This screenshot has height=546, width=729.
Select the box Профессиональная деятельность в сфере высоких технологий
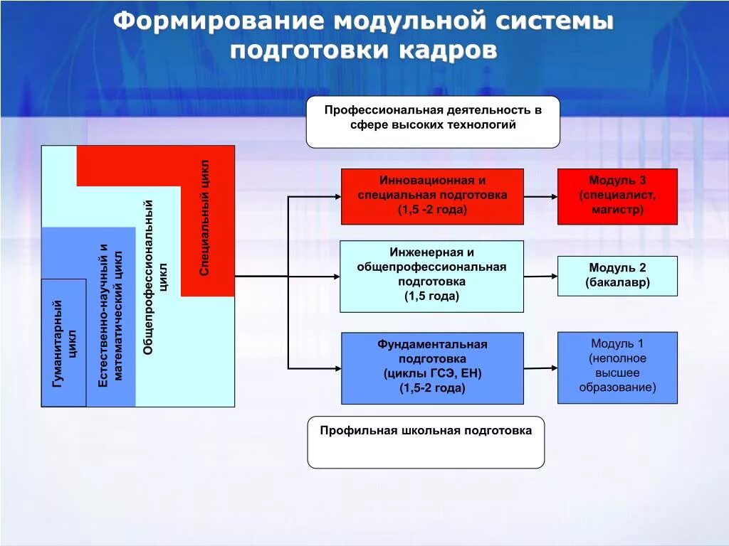(433, 122)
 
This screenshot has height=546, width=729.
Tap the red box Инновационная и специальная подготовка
(432, 196)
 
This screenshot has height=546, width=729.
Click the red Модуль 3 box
(617, 196)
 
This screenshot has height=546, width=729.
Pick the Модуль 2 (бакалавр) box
(617, 276)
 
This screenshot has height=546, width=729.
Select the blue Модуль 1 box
(617, 367)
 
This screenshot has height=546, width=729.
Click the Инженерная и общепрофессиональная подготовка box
(431, 276)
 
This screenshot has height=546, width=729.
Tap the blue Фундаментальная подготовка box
(432, 368)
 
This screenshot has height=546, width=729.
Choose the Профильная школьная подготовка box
(426, 442)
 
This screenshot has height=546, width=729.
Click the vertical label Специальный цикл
(205, 218)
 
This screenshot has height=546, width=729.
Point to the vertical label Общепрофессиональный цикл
(156, 277)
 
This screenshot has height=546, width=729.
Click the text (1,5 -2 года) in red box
(432, 210)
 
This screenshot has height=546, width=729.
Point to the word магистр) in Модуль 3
(617, 210)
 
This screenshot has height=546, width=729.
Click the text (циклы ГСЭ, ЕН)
(432, 374)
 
